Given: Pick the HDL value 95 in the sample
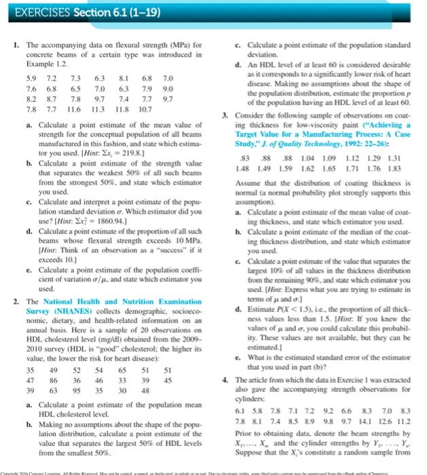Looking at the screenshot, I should (80, 391).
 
